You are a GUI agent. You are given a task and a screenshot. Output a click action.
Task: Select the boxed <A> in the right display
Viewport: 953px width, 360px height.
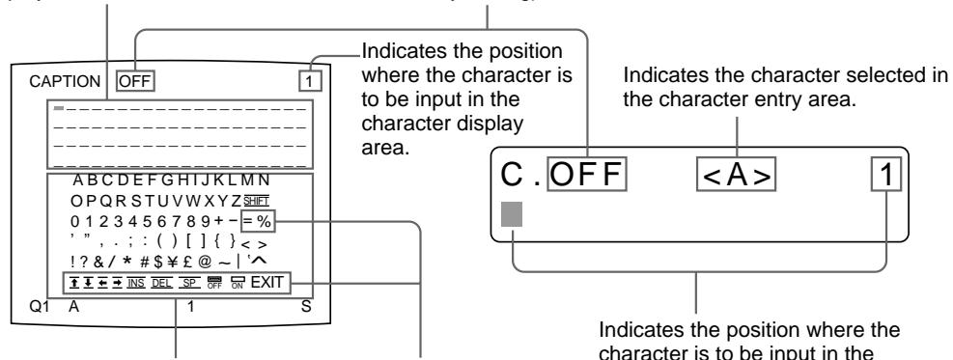pos(736,177)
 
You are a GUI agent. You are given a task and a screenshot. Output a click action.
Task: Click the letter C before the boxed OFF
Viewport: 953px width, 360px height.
pos(511,177)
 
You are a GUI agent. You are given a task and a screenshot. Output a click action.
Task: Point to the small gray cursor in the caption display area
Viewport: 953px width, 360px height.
pos(60,105)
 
